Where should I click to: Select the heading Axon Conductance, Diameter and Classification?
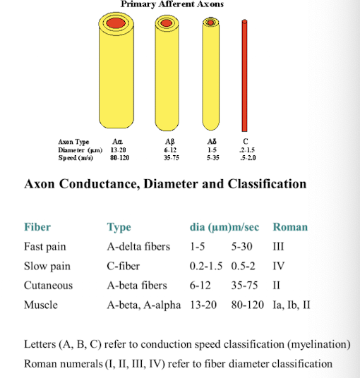tap(165, 185)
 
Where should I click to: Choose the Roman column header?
tap(290, 227)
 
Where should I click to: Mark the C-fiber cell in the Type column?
tap(124, 267)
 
